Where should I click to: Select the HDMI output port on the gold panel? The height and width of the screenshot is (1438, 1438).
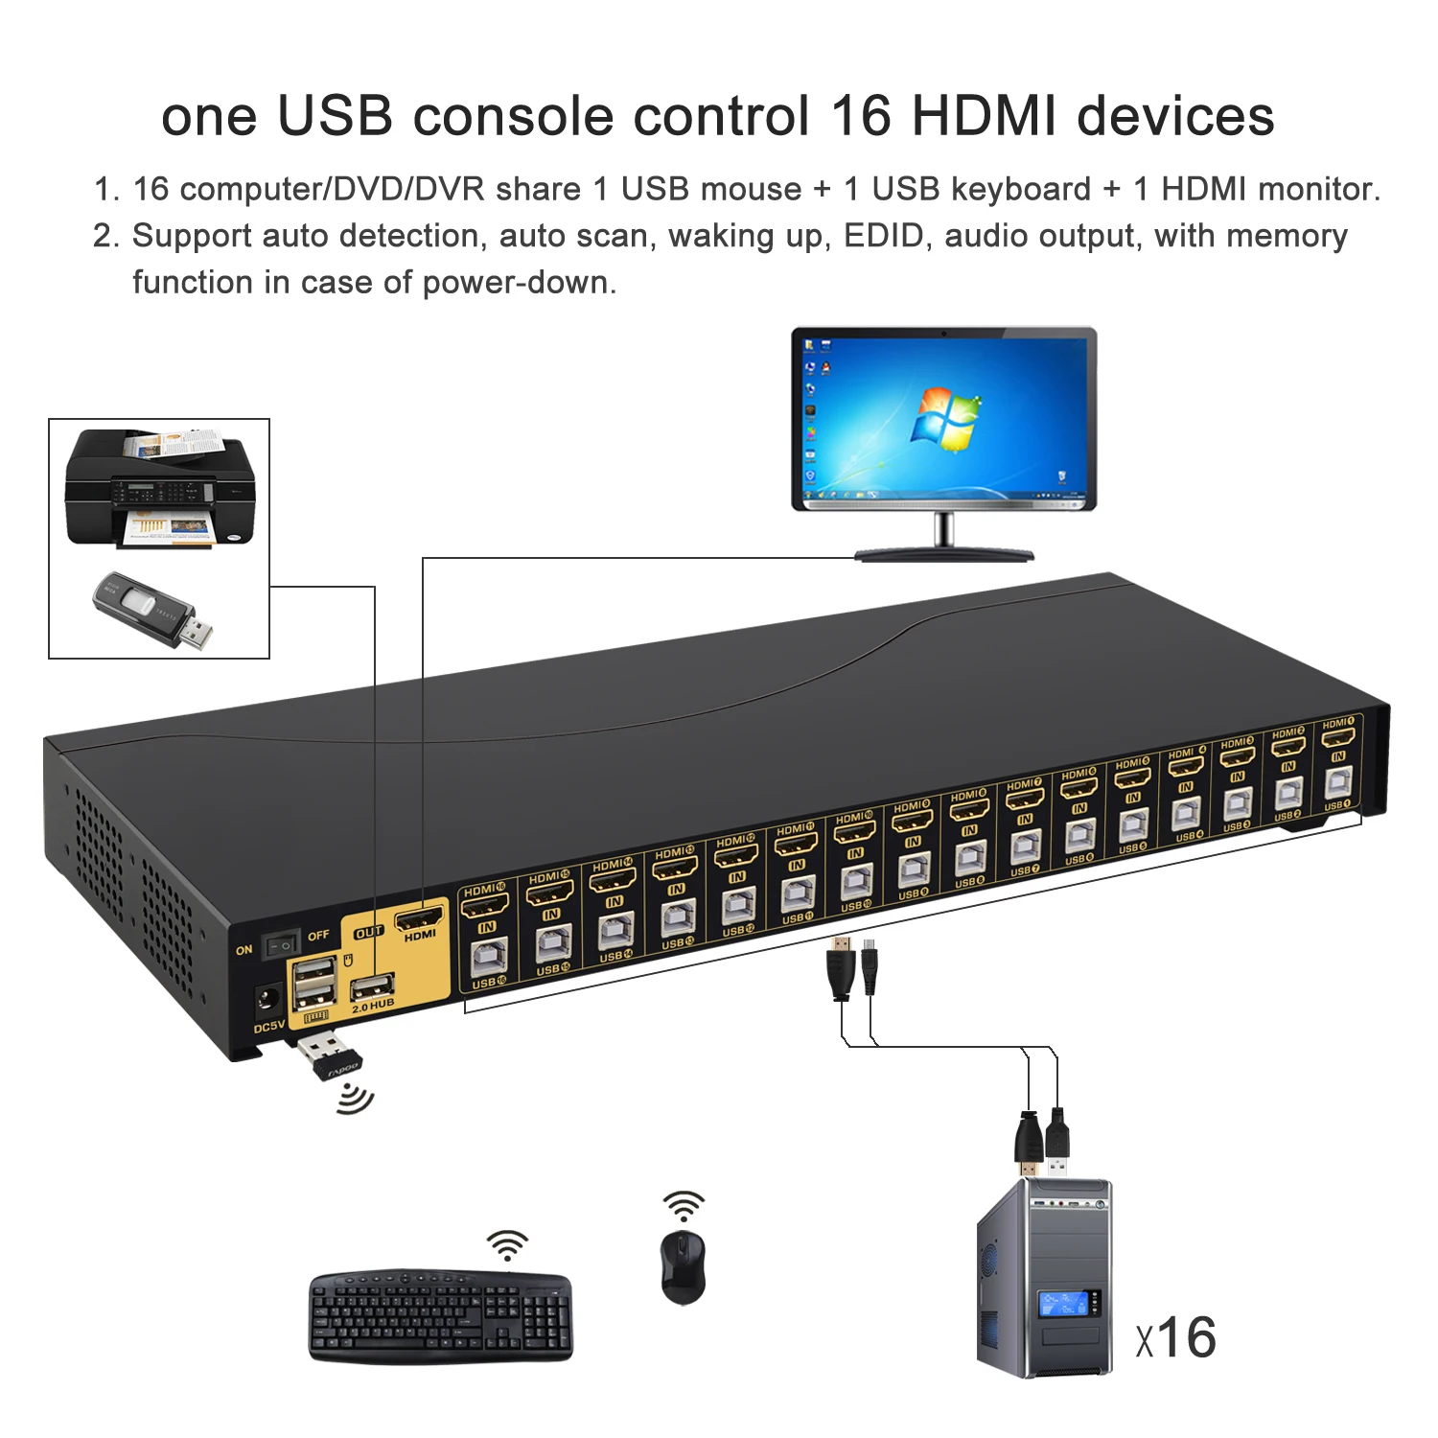tap(419, 917)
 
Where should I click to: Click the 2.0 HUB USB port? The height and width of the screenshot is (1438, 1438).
tap(372, 986)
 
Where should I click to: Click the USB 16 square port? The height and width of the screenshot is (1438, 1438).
tap(488, 958)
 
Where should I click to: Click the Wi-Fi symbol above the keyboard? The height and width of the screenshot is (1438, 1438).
tap(507, 1245)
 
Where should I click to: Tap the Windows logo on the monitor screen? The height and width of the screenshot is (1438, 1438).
tap(945, 418)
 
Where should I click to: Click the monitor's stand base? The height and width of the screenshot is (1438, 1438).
tap(944, 553)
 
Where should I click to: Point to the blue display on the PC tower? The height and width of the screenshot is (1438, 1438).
tap(1063, 1303)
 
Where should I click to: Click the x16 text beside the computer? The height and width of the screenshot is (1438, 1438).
tap(1176, 1337)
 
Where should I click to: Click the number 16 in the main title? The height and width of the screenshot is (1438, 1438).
tap(861, 117)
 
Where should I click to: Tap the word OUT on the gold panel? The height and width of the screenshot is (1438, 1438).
tap(369, 932)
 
